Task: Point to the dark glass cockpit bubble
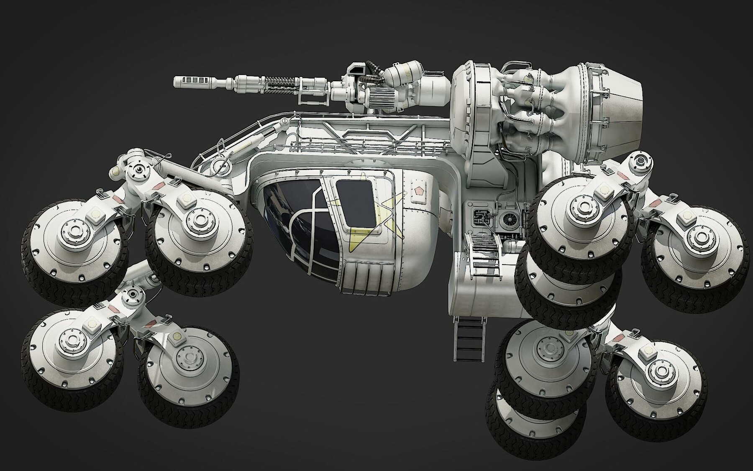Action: point(293,226)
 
